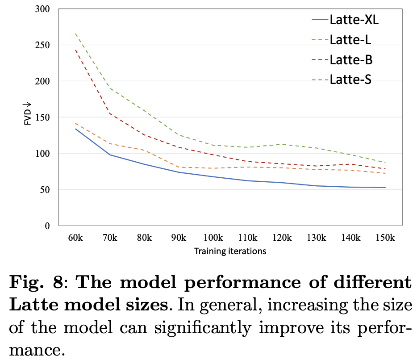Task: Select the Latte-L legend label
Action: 350,40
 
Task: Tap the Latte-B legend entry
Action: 351,60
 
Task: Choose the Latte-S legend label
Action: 350,80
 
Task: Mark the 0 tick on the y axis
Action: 47,226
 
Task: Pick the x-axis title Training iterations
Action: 230,251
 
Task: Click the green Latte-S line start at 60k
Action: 75,33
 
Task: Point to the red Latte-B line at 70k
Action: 110,113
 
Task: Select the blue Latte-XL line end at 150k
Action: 385,188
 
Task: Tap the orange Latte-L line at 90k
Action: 179,167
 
